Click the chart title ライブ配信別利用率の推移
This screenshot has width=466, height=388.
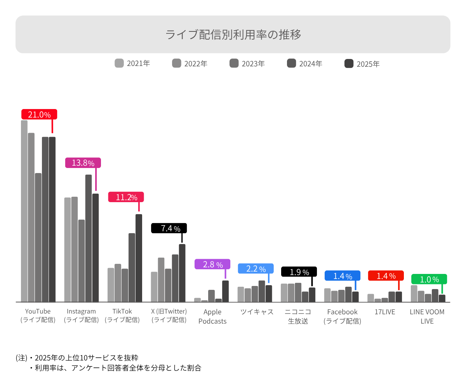click(x=233, y=35)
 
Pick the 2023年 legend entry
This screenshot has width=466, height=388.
click(x=247, y=64)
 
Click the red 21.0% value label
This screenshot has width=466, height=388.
click(x=39, y=114)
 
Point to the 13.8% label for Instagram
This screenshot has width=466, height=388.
click(x=83, y=163)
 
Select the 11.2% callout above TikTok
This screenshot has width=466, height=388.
click(x=126, y=197)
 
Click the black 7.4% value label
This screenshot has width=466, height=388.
click(x=169, y=228)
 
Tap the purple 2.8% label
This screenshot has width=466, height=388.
click(x=212, y=265)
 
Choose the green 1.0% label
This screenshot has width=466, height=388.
click(x=429, y=279)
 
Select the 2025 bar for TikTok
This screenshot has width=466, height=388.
click(x=139, y=258)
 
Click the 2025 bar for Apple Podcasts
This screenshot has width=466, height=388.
click(x=225, y=291)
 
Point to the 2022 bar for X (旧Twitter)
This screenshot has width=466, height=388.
click(x=161, y=279)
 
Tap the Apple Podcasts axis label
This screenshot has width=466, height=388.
click(x=212, y=317)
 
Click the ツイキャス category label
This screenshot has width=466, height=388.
click(x=257, y=312)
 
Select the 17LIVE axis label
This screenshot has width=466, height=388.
click(x=385, y=312)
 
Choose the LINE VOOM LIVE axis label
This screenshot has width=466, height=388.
click(x=427, y=317)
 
